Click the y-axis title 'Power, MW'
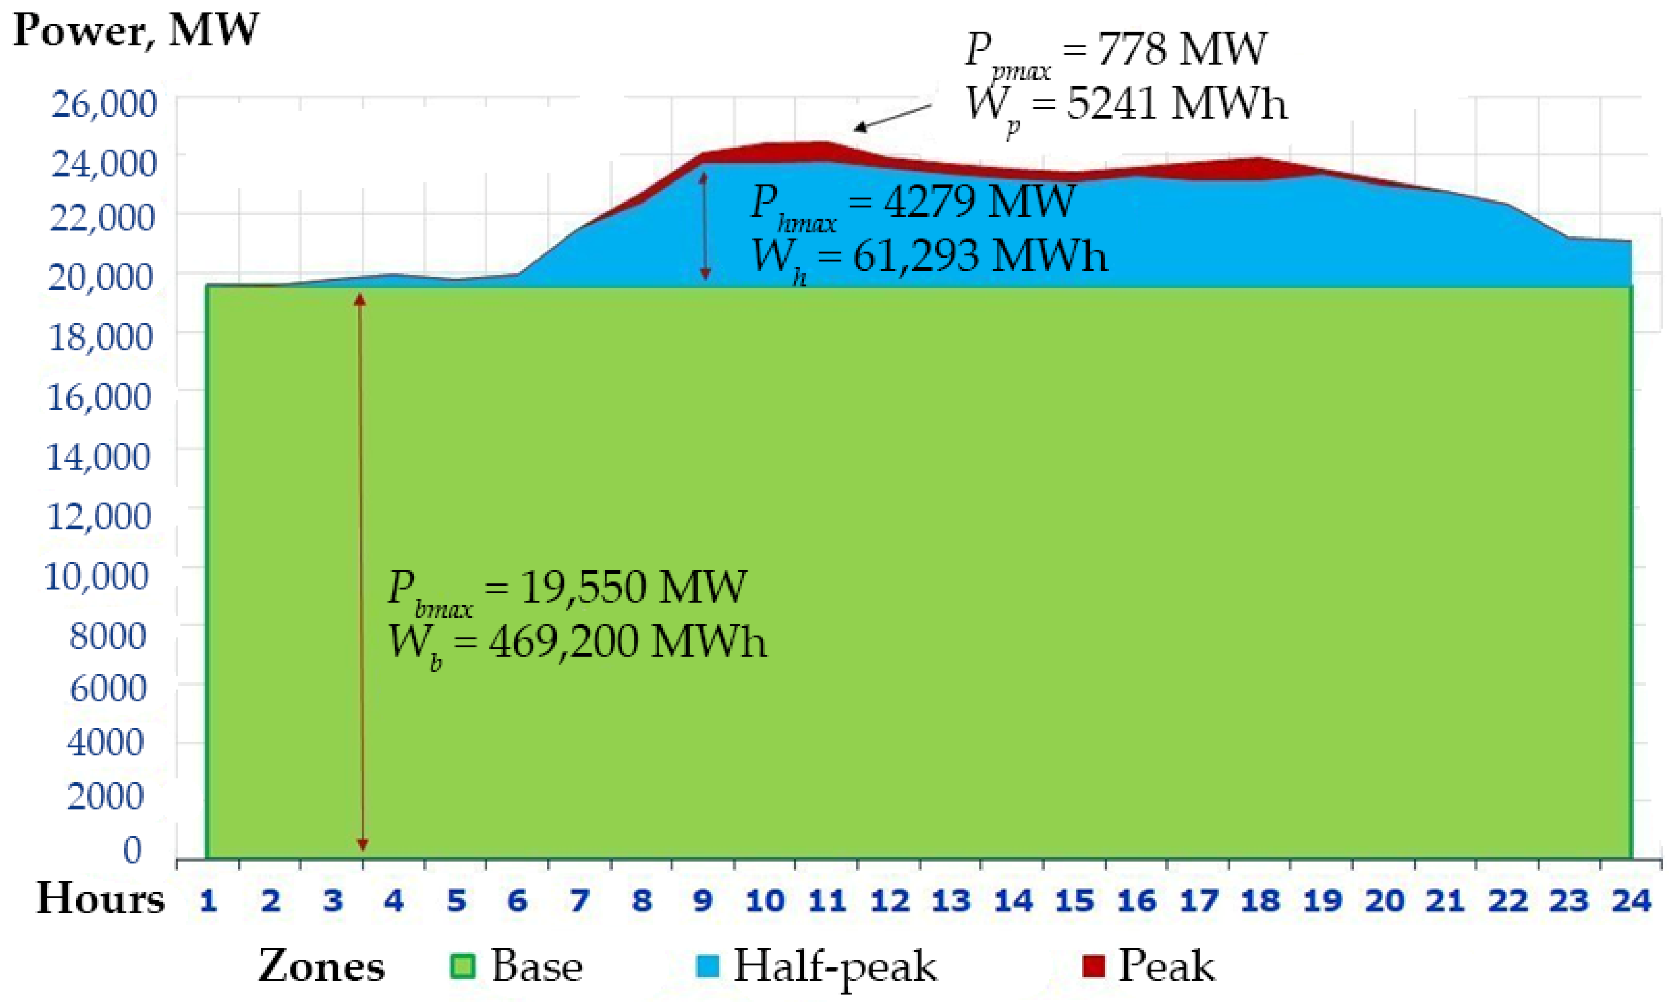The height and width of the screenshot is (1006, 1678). coord(136,30)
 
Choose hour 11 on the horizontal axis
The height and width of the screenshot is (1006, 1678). coord(827,902)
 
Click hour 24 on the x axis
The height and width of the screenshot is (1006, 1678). coord(1631,902)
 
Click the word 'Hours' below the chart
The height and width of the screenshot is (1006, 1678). coord(100,900)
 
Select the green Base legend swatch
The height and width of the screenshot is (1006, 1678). coord(462,966)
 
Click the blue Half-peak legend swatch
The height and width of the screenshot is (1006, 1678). coord(707,966)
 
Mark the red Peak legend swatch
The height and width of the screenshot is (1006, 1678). coord(1093,966)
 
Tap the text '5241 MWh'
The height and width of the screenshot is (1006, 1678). coord(1177,105)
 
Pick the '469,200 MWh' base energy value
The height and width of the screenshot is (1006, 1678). coord(628,642)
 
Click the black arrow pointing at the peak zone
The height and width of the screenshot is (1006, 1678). coord(892,117)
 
